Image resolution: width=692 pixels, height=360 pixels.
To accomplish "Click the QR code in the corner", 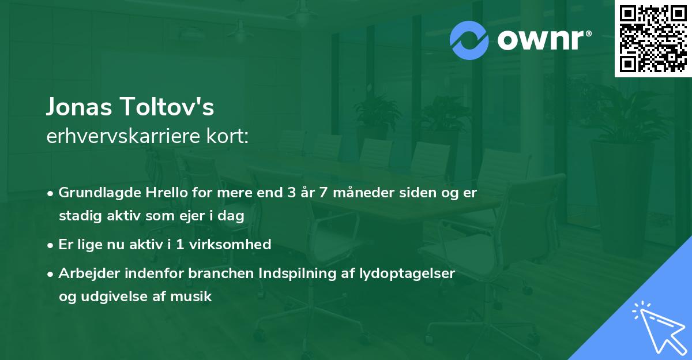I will point(653,39).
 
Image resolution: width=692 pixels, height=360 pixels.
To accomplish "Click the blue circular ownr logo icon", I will point(469,40).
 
